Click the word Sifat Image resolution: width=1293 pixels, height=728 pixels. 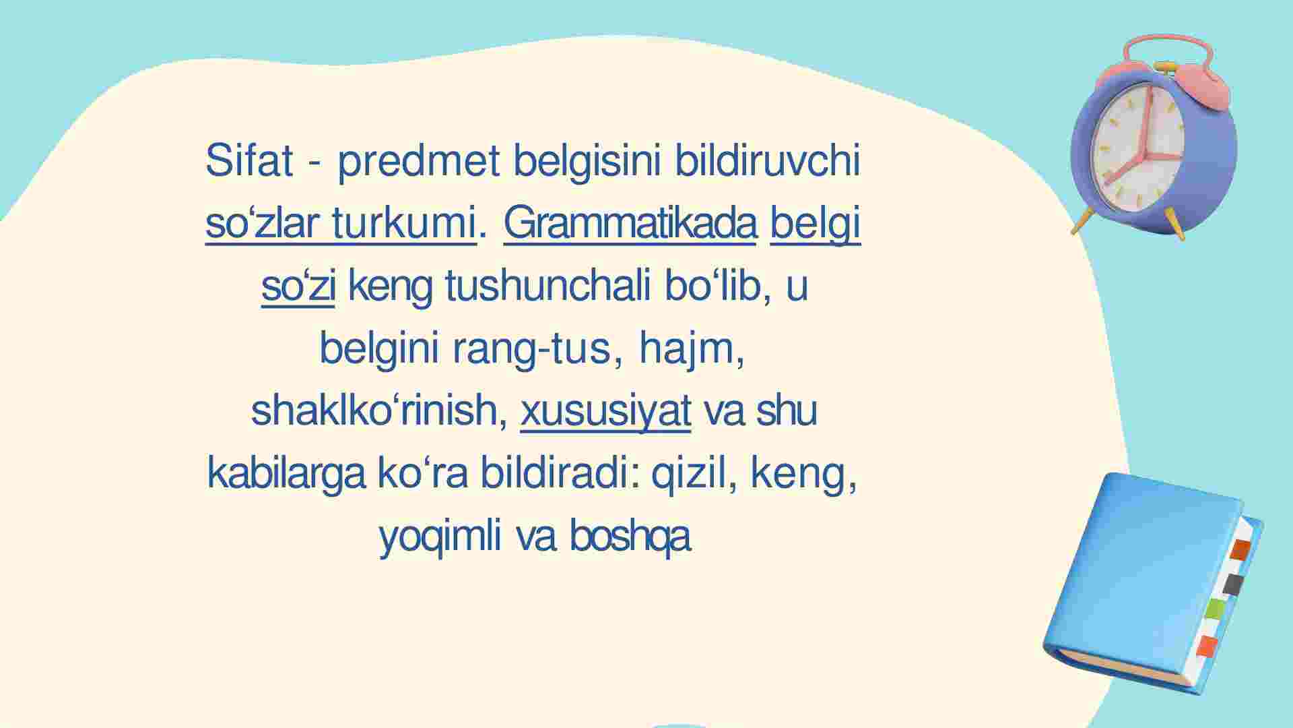coord(249,160)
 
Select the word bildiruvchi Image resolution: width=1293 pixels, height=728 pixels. coord(768,160)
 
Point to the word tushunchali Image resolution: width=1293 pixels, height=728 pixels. coord(548,286)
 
